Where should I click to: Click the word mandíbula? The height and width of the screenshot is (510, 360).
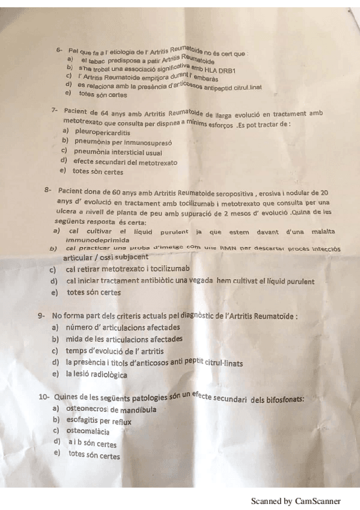(x=138, y=410)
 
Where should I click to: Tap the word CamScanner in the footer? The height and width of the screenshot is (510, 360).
(x=318, y=500)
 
